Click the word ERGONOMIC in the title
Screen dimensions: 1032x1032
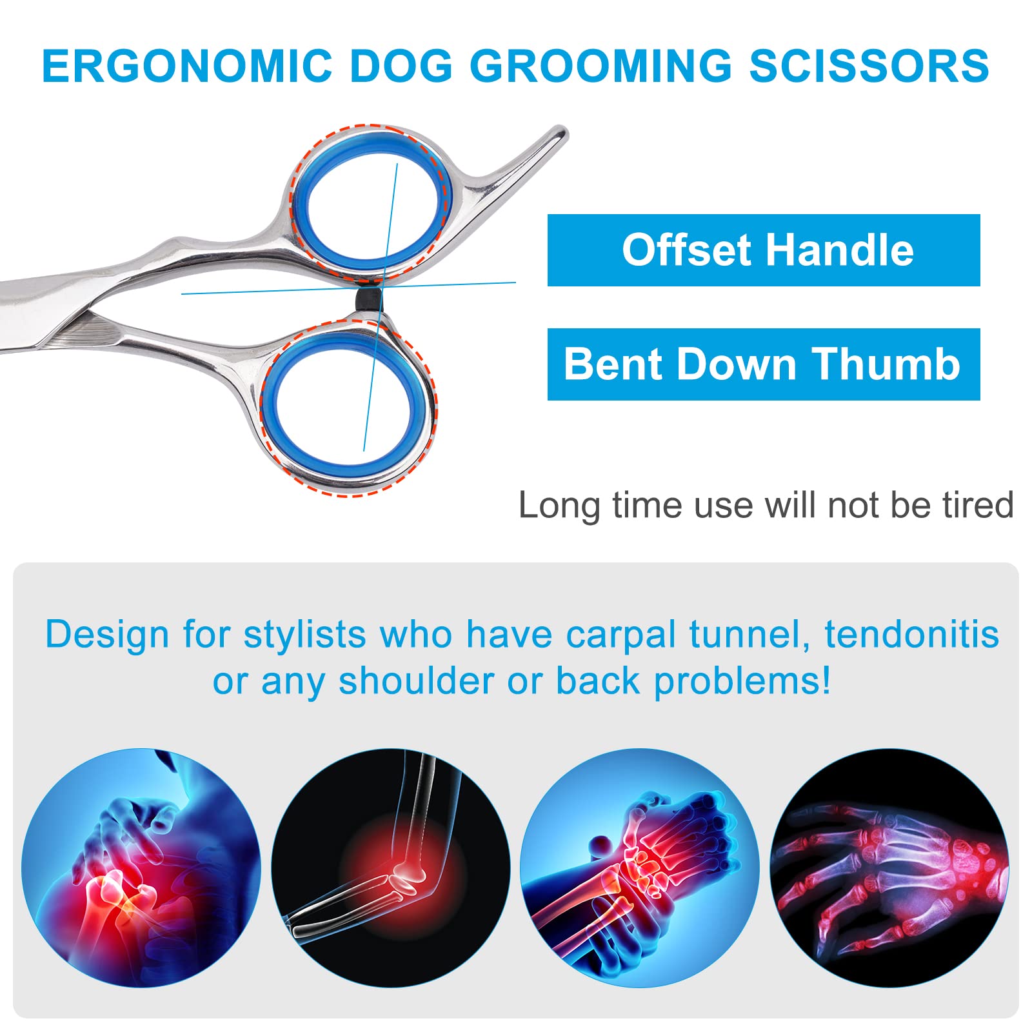(187, 66)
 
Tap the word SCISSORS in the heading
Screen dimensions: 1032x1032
(869, 66)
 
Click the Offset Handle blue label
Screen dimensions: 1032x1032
(764, 250)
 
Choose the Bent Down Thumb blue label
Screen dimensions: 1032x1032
(764, 364)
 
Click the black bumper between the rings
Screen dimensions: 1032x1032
(368, 299)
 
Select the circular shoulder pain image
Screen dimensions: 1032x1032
(141, 868)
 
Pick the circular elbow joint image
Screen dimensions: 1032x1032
(391, 868)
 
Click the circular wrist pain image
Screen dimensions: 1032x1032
(640, 868)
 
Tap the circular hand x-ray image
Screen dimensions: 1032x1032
(889, 868)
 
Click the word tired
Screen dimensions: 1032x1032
(978, 505)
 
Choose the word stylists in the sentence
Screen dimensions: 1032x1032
(305, 636)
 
